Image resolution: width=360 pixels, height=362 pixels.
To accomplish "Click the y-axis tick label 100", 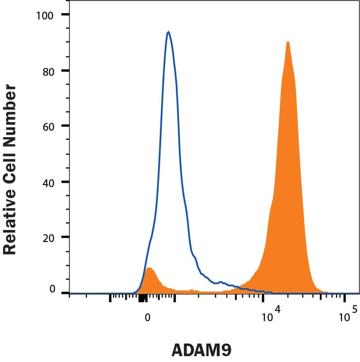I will tap(47, 15).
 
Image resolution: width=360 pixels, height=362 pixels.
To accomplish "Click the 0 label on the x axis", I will tap(147, 317).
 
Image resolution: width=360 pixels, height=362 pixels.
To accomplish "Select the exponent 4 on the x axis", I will tap(278, 309).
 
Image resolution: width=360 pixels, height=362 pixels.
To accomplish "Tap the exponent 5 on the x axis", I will tap(355, 309).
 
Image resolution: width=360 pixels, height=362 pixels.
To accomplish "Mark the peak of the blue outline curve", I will tap(168, 32).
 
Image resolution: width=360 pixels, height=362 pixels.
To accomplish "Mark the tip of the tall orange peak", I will tap(288, 42).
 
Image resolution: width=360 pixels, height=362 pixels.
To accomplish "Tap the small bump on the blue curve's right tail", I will tap(221, 281).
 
